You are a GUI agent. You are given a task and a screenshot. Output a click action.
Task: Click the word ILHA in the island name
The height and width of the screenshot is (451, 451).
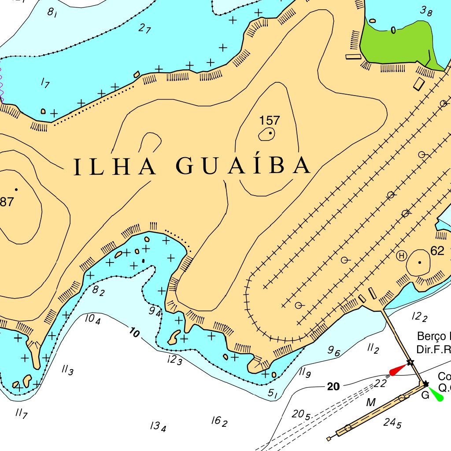[115, 166]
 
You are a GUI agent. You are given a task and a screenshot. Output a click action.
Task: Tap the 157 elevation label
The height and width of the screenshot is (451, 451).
[270, 120]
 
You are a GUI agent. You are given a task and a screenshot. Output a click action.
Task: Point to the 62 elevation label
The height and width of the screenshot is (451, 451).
[437, 251]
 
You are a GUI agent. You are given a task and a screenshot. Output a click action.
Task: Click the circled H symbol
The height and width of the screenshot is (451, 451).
[401, 255]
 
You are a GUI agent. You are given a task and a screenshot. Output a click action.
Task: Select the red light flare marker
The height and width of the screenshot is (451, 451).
[398, 370]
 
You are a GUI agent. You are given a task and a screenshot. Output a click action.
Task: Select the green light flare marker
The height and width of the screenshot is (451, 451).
[436, 394]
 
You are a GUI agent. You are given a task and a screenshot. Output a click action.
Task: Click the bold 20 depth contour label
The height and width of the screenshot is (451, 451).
[333, 387]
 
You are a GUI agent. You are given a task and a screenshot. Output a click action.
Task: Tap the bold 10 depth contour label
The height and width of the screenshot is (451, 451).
[134, 333]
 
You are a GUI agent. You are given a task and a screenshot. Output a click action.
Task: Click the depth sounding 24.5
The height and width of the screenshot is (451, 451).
[392, 423]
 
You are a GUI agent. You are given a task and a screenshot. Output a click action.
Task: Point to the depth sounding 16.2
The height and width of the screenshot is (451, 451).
[219, 421]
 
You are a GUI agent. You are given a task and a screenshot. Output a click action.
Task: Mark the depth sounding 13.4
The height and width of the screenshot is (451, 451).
[158, 426]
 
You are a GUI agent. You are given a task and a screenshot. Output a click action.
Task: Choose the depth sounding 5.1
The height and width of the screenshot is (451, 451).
[273, 393]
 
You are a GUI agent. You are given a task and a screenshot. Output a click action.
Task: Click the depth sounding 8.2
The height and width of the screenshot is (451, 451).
[98, 290]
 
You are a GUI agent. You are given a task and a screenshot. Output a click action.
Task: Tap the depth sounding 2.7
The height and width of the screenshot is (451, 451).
[144, 29]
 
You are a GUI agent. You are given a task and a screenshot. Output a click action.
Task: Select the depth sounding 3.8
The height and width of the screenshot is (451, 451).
[425, 11]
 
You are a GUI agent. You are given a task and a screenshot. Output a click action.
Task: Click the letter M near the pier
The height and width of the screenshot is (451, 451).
[371, 402]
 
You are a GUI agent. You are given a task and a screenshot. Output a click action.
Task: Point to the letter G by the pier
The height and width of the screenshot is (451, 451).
[425, 395]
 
